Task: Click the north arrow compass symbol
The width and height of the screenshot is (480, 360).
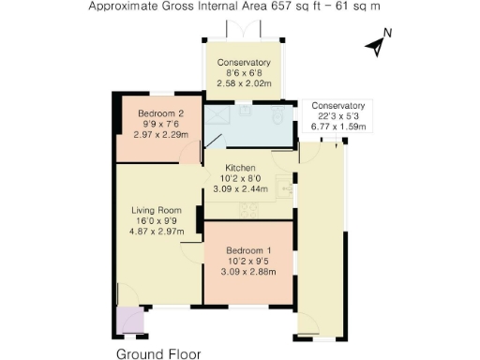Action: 376,44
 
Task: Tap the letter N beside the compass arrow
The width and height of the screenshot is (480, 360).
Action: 387,36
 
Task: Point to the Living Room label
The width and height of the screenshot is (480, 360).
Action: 155,209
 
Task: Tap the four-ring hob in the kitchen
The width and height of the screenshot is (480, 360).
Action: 249,209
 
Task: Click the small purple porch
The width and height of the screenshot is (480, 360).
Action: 130,322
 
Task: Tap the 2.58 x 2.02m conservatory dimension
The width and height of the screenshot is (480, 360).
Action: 244,83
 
